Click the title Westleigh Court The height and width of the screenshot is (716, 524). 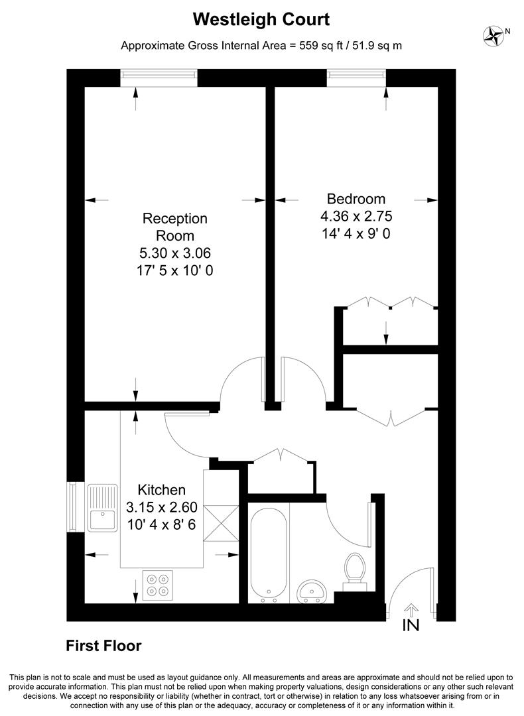coord(261,20)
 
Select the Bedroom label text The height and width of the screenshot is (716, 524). coord(356,199)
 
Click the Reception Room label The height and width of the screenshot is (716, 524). coord(175,227)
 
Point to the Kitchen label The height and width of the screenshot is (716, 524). coord(161,491)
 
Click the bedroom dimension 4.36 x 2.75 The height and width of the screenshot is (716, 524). coord(361,216)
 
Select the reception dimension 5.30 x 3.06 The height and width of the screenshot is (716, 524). coord(175,253)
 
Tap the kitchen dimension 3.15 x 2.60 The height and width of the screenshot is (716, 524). coord(161,508)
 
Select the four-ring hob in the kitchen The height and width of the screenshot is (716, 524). coord(158,585)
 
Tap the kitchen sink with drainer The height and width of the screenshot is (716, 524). coord(102,508)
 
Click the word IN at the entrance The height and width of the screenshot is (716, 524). coord(411,625)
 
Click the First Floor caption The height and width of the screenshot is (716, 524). coord(103,646)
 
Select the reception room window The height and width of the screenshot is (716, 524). coord(159,78)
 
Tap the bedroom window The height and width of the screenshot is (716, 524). coord(356,78)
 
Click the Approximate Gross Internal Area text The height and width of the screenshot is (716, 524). coord(261,46)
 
